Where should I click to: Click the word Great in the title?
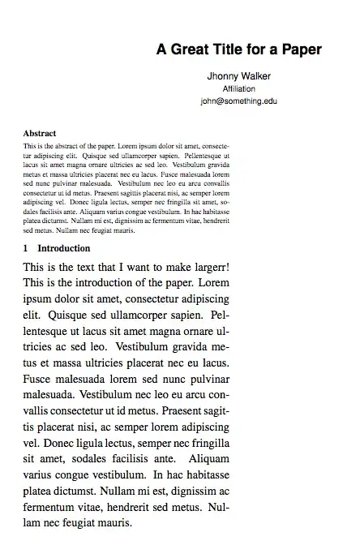(188, 49)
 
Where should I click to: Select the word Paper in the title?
(302, 49)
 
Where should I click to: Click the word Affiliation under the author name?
(239, 89)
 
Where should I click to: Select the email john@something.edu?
(239, 101)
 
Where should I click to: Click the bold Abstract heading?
(40, 132)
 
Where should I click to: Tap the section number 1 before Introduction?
(27, 248)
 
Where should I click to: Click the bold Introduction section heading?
(64, 248)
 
